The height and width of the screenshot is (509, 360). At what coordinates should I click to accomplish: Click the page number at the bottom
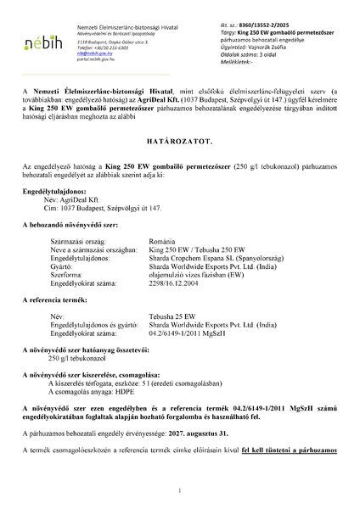180,490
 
